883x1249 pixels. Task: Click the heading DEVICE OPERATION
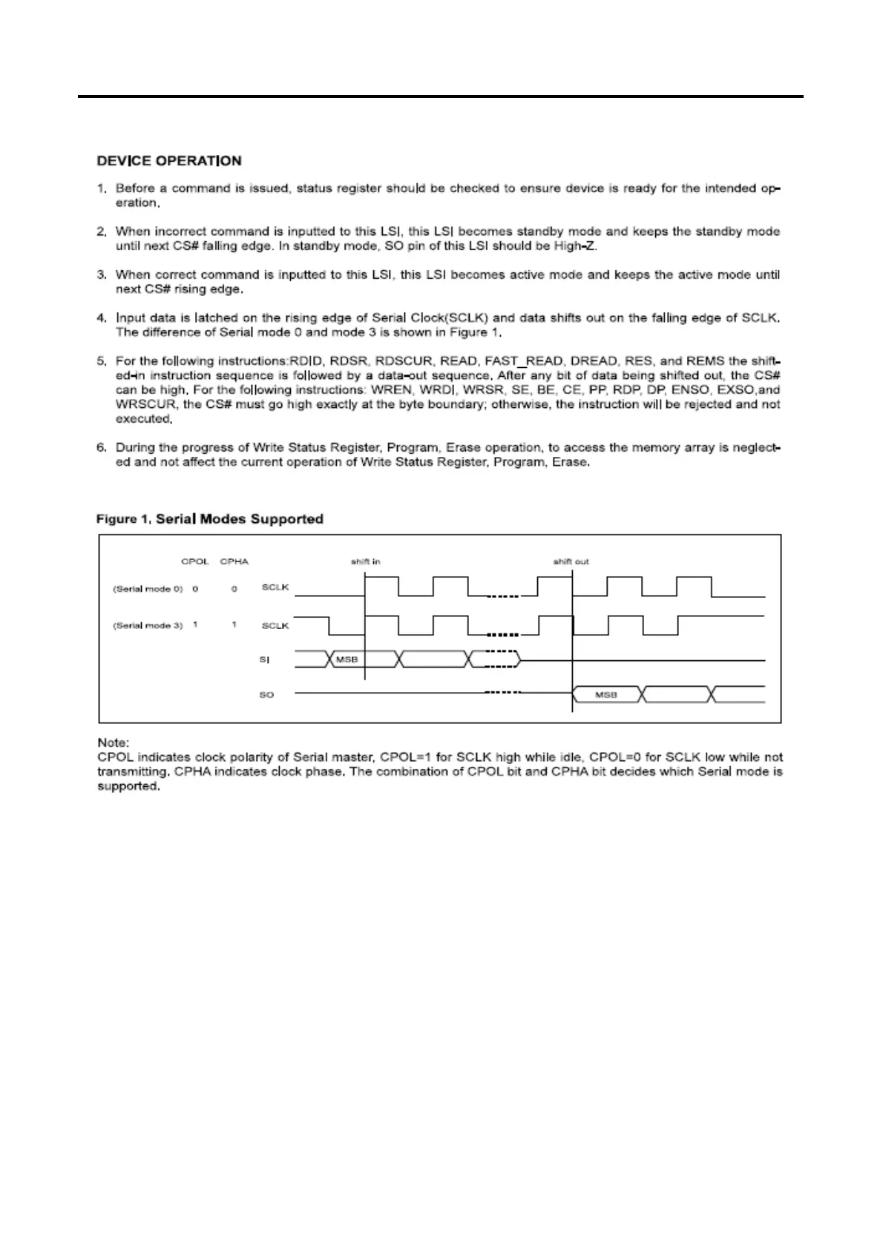(169, 161)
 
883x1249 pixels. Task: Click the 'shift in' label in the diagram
(365, 561)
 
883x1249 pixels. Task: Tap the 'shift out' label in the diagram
(571, 561)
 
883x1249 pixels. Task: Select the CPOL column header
(194, 561)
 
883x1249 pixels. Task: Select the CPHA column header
(234, 561)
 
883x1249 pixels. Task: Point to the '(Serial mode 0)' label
(148, 588)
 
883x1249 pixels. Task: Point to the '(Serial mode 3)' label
(148, 625)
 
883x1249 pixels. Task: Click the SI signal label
(265, 659)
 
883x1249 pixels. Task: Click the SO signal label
(266, 695)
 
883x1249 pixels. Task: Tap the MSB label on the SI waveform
(347, 659)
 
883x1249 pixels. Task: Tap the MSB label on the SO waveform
(606, 695)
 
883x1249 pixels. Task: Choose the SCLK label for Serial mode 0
(275, 588)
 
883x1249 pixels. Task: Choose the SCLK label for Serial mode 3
(275, 625)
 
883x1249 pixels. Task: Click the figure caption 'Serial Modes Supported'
(239, 519)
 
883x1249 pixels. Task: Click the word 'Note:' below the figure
(113, 742)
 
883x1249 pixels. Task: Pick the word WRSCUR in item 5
(144, 405)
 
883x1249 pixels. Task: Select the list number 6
(102, 448)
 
